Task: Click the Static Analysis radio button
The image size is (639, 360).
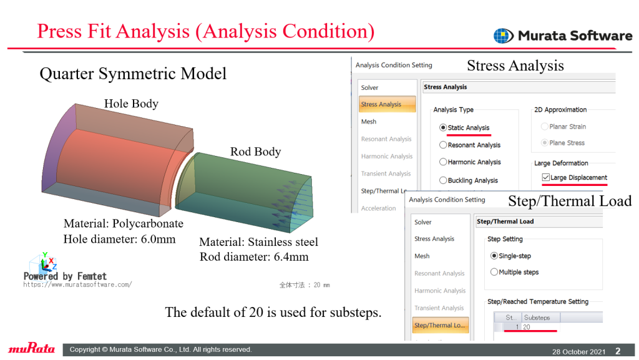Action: [x=443, y=127]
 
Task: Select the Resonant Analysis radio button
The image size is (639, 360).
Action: [x=443, y=145]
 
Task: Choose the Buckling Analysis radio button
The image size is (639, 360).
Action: [x=443, y=180]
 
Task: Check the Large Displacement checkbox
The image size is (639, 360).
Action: [x=545, y=177]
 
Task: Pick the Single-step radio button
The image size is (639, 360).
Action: [x=494, y=256]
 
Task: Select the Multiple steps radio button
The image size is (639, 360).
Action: [x=494, y=271]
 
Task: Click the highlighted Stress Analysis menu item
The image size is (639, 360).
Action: [x=387, y=104]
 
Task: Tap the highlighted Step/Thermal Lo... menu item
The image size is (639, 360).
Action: [x=440, y=325]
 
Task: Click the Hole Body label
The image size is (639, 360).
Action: [x=131, y=104]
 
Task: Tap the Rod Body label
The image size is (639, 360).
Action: [x=255, y=152]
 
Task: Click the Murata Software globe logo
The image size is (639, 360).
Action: [x=504, y=36]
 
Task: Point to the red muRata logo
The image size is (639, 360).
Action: [x=31, y=348]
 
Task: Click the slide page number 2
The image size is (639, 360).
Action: [x=618, y=351]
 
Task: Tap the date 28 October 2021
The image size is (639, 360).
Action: [x=578, y=351]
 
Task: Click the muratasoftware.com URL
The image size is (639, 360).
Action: [x=77, y=285]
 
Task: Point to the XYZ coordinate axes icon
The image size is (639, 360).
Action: [x=44, y=262]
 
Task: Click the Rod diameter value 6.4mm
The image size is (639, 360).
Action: [x=291, y=257]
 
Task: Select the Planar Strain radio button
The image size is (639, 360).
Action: [x=544, y=127]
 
